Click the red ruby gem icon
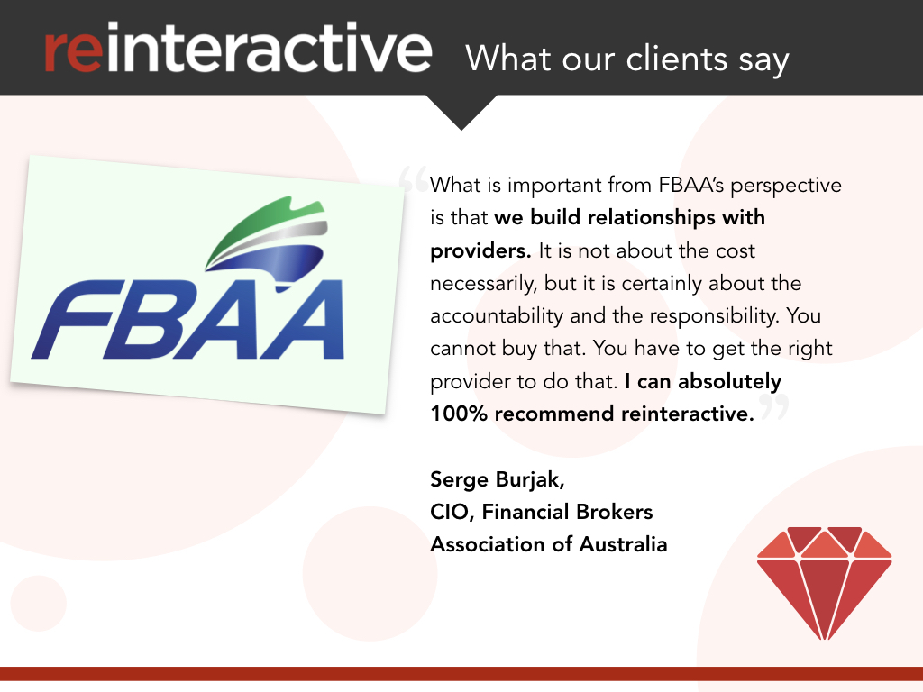click(824, 581)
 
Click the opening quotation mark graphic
click(412, 179)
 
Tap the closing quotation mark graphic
click(773, 408)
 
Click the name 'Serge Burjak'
click(497, 479)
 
